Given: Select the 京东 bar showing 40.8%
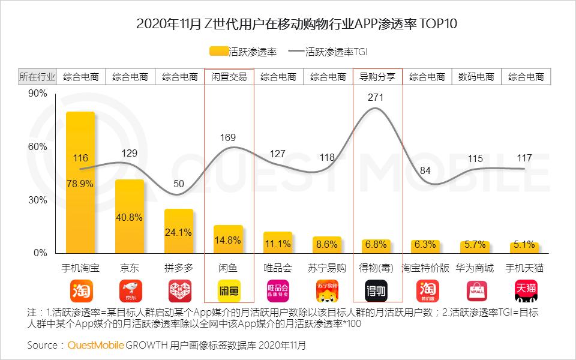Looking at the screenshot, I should click(x=130, y=216).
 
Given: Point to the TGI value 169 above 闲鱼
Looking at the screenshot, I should click(x=229, y=138).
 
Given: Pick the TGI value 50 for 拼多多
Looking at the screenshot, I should click(x=179, y=184).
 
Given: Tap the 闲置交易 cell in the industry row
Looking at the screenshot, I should click(x=229, y=77).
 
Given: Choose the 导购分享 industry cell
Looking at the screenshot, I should click(x=377, y=77).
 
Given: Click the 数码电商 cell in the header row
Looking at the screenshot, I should click(x=476, y=77).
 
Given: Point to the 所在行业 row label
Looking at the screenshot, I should click(x=37, y=77).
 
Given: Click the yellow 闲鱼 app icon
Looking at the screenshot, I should click(x=229, y=291).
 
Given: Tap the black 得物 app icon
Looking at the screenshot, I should click(x=377, y=291).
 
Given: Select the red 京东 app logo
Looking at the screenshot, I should click(x=130, y=291).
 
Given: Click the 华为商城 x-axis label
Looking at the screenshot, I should click(x=476, y=268).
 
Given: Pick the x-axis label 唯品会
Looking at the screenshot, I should click(x=278, y=268).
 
